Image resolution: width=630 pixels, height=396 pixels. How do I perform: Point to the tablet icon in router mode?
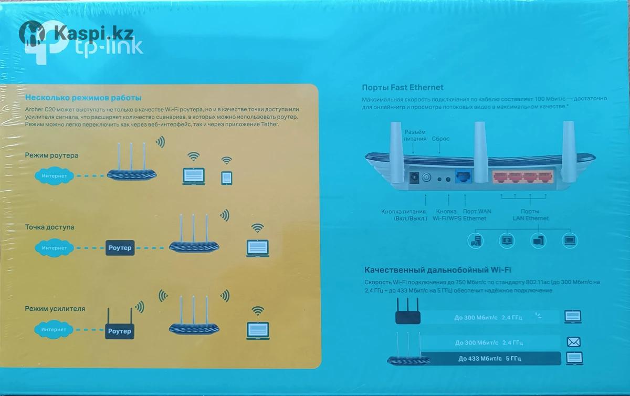pos(227,178)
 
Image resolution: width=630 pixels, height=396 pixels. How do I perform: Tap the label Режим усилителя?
pos(55,308)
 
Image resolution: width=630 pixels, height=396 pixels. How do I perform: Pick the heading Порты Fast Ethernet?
pos(403,88)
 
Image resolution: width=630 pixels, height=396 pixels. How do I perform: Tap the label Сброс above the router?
pos(440,139)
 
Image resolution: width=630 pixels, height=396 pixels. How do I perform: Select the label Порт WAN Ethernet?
pos(475,215)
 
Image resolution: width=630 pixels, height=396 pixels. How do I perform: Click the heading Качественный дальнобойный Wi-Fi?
pos(437,270)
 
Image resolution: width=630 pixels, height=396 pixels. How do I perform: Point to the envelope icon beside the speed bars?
pos(573,342)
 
